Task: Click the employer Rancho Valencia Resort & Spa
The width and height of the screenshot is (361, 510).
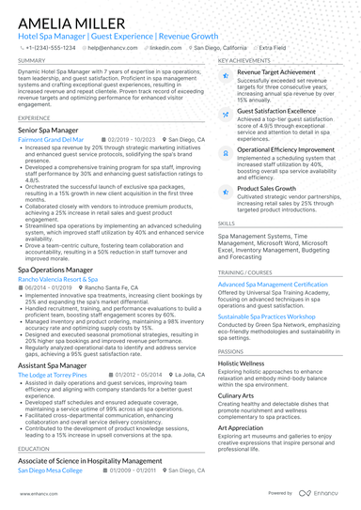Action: [x=58, y=279]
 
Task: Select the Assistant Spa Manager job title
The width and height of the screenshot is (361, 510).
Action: [x=52, y=364]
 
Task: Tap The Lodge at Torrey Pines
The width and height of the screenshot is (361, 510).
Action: [x=53, y=374]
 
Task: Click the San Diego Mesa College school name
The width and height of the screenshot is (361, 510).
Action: [x=52, y=469]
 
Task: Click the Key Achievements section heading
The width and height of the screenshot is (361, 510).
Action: [x=245, y=60]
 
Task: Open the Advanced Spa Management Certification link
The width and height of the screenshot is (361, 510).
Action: [x=280, y=284]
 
